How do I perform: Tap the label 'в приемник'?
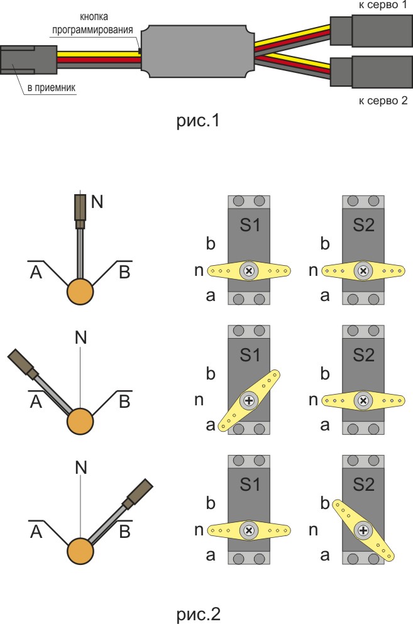51,88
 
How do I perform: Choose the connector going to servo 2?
372,72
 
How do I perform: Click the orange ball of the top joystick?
80,292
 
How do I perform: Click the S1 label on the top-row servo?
250,226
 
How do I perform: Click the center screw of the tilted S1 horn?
250,400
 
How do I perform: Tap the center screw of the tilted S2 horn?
363,530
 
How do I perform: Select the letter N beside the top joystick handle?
97,201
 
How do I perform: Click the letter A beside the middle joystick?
35,402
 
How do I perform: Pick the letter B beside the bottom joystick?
124,532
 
